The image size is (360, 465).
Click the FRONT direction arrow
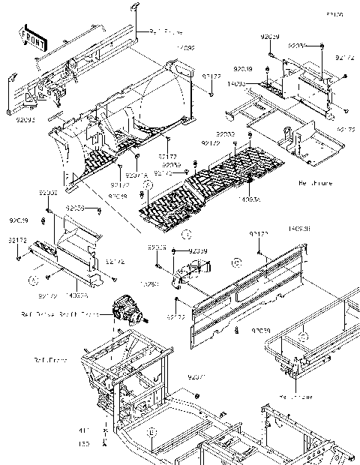(x=31, y=35)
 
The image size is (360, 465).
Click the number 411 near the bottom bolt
(x=85, y=430)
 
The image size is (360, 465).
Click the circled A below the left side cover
(x=33, y=278)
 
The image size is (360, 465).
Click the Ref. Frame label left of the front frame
(x=49, y=361)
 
